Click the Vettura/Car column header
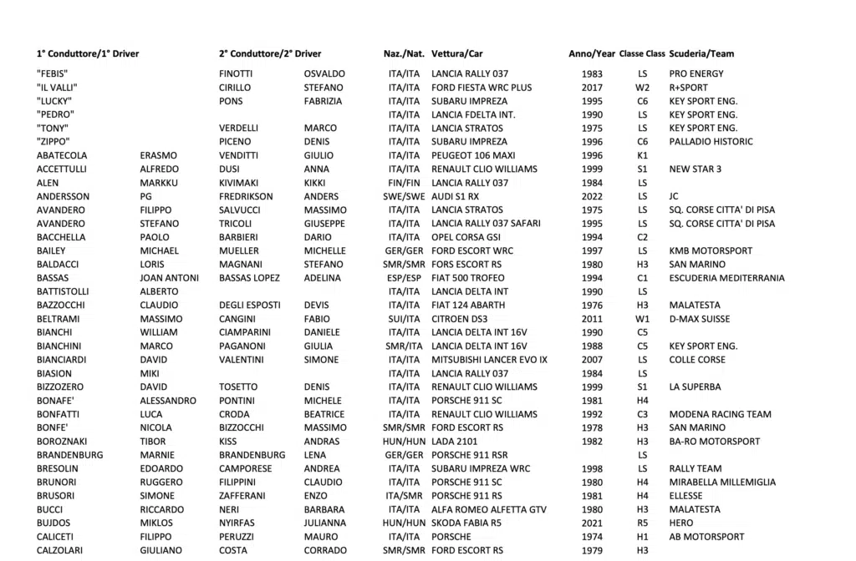pyautogui.click(x=456, y=53)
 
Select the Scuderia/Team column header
pyautogui.click(x=701, y=53)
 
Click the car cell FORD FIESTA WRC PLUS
pyautogui.click(x=481, y=88)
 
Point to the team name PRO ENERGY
pyautogui.click(x=696, y=73)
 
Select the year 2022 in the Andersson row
pyautogui.click(x=592, y=196)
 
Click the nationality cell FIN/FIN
pyautogui.click(x=405, y=183)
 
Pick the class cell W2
pyautogui.click(x=642, y=88)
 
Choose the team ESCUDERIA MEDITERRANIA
pyautogui.click(x=726, y=278)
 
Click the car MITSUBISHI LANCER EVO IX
pyautogui.click(x=489, y=360)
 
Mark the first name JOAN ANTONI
pyautogui.click(x=170, y=278)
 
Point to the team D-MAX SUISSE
pyautogui.click(x=700, y=319)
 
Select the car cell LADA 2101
pyautogui.click(x=456, y=442)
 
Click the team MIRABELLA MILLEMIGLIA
pyautogui.click(x=722, y=483)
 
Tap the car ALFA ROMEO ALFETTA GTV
pyautogui.click(x=488, y=509)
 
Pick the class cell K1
pyautogui.click(x=642, y=155)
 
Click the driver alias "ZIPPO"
pyautogui.click(x=53, y=142)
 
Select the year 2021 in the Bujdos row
pyautogui.click(x=592, y=523)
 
